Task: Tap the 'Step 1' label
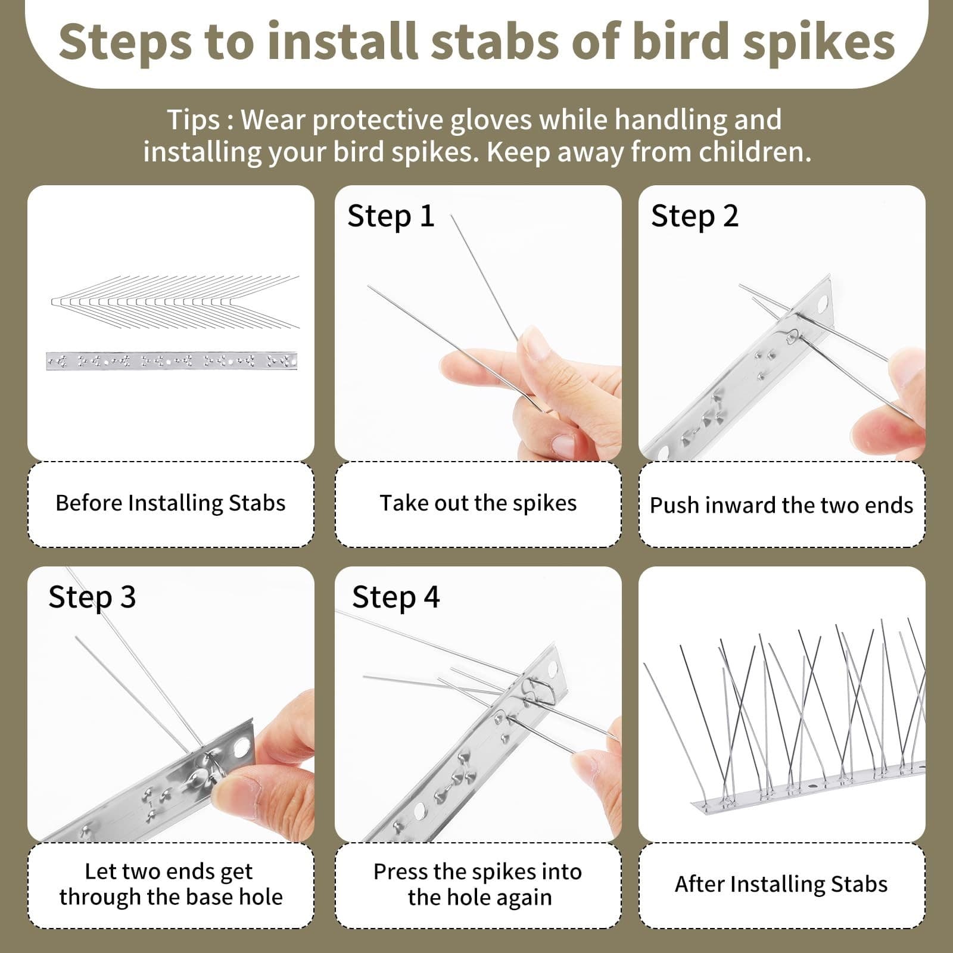[391, 216]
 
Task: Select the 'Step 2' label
[694, 216]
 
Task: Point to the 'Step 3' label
[92, 597]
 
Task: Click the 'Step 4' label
[395, 597]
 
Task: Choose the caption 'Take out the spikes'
[478, 503]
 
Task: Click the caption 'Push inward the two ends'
[781, 505]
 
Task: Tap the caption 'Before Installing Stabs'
[170, 503]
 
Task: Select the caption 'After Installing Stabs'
[781, 885]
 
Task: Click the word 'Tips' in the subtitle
[193, 120]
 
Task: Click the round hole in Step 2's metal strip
[825, 303]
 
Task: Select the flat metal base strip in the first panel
[171, 361]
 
